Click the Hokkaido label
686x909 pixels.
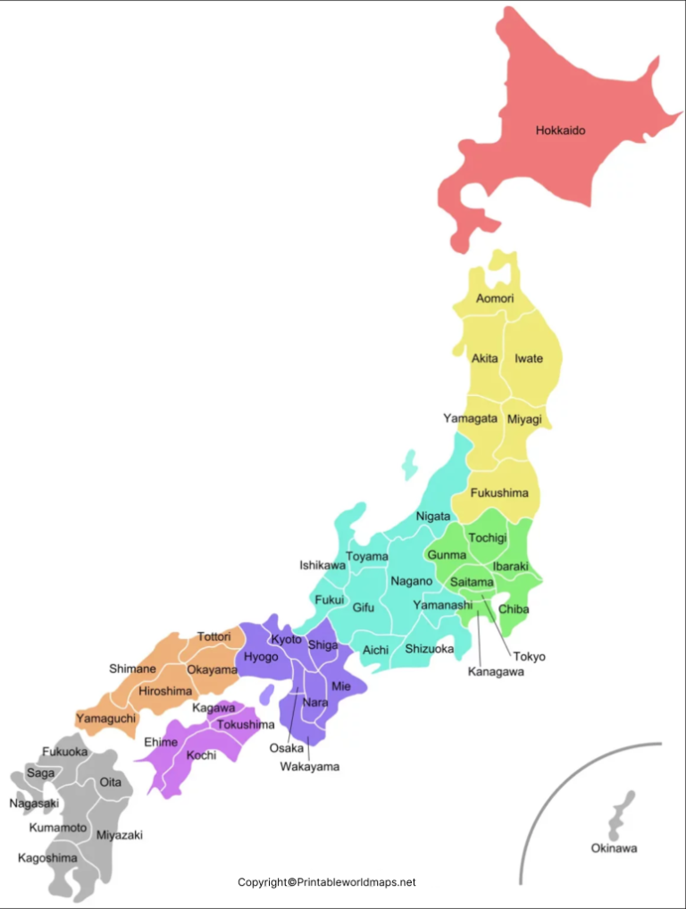click(x=560, y=130)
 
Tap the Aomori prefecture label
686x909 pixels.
click(x=495, y=298)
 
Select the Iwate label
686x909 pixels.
click(x=528, y=358)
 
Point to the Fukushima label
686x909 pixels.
click(x=498, y=492)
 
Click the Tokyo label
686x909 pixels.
click(x=529, y=656)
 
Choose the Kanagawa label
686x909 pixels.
click(x=496, y=672)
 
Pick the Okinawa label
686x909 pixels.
click(x=614, y=848)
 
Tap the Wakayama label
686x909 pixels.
click(x=310, y=766)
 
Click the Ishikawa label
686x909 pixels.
click(x=322, y=565)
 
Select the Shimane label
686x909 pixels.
click(x=132, y=668)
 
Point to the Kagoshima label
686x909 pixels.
click(x=47, y=857)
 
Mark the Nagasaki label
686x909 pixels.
click(x=34, y=803)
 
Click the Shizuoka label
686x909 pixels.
click(x=429, y=649)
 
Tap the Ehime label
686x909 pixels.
click(x=161, y=741)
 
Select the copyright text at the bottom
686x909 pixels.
click(x=327, y=882)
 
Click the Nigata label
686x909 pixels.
click(x=432, y=517)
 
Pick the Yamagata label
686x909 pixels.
click(x=471, y=417)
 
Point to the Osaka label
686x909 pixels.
click(x=286, y=747)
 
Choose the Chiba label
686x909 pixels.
click(x=514, y=610)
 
